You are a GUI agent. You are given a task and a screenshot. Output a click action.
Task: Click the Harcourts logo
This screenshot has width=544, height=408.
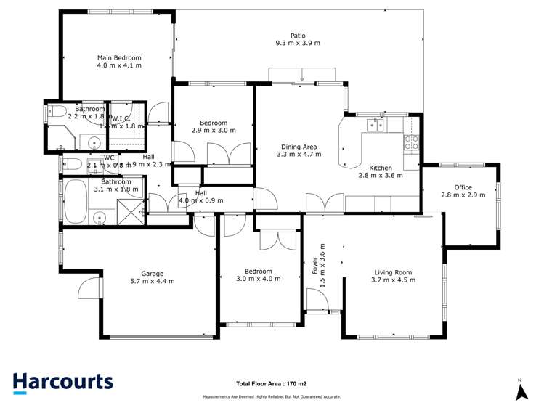62,382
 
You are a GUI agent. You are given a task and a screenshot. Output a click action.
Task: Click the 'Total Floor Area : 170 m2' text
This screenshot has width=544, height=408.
272,383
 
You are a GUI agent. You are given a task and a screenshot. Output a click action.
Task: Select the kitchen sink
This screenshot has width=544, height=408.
375,125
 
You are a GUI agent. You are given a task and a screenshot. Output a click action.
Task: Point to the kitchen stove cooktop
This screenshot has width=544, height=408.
411,142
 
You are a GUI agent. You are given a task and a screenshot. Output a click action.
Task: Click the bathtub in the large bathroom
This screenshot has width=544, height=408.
75,202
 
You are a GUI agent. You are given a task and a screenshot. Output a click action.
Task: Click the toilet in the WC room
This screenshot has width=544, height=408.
72,163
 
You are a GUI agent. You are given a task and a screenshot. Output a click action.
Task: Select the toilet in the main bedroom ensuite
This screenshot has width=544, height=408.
57,113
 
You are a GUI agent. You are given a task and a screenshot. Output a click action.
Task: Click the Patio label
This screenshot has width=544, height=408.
298,35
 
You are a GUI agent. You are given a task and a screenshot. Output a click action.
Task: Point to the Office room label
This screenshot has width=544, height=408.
463,187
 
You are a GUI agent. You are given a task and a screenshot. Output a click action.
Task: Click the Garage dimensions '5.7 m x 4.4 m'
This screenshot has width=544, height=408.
152,282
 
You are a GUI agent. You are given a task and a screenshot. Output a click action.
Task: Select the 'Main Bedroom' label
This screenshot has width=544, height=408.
119,57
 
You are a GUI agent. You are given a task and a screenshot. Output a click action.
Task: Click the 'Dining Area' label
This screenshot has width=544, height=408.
299,147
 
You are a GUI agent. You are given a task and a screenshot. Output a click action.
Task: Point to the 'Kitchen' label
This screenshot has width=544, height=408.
380,167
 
